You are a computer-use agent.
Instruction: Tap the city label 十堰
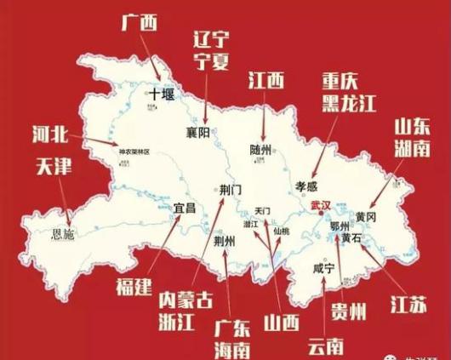[x=164, y=93]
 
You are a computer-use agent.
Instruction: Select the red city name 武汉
[x=322, y=205]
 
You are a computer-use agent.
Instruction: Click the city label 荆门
[x=231, y=189]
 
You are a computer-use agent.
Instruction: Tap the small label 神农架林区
[x=134, y=152]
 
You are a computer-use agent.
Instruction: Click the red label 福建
[x=133, y=286]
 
